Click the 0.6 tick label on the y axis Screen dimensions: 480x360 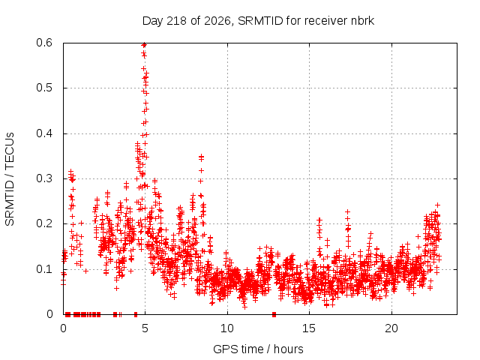point(44,43)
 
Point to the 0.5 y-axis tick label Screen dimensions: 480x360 point(44,88)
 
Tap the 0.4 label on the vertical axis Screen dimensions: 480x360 point(44,133)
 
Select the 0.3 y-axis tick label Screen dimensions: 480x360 point(44,178)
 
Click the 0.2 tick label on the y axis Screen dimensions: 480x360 point(44,223)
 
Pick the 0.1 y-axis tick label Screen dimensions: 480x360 point(44,269)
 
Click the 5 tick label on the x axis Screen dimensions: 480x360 point(145,328)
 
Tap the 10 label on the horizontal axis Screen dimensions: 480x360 point(227,328)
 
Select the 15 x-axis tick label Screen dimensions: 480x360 point(309,328)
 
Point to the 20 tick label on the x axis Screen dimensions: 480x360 point(391,328)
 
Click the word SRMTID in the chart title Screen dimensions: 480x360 point(260,21)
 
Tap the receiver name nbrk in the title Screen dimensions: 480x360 point(362,21)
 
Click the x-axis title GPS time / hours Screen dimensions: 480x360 point(258,349)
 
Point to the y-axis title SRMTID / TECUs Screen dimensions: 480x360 point(10,179)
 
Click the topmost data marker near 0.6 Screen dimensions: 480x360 point(144,45)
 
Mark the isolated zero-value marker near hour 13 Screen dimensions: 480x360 point(274,314)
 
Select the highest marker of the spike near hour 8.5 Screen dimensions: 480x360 point(201,157)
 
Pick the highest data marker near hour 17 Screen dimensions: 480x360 point(347,211)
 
